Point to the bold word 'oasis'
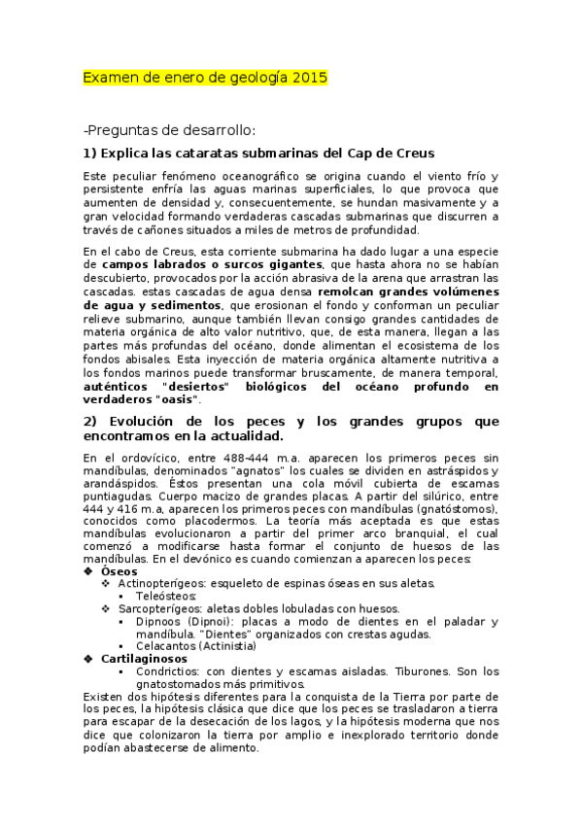(x=175, y=399)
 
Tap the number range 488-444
(x=251, y=458)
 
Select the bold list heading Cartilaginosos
(x=144, y=659)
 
